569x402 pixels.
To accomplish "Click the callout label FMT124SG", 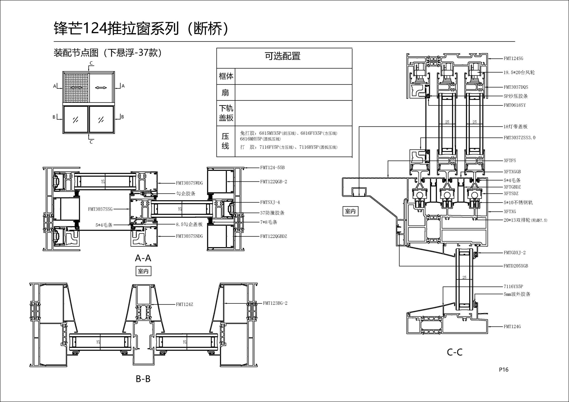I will (x=513, y=59).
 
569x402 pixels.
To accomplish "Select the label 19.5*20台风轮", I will (x=519, y=73).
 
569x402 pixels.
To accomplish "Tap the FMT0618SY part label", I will (x=514, y=105).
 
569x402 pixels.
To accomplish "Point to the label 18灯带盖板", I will (x=515, y=127).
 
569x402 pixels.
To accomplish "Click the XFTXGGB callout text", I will (x=512, y=172).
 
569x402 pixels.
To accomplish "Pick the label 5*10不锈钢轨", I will (x=518, y=203).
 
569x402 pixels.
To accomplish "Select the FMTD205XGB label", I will (x=516, y=266).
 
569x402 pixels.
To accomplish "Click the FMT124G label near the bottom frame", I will (x=512, y=327).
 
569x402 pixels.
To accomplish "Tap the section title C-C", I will (x=455, y=352).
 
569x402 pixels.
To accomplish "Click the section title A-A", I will (x=143, y=258).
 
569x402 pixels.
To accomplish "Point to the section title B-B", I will (x=143, y=379).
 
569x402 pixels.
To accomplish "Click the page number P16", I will (x=504, y=369).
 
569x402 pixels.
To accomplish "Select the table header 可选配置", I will (x=282, y=56).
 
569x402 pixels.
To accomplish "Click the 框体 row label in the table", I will (x=226, y=76).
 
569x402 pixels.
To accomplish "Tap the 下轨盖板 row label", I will (x=226, y=113).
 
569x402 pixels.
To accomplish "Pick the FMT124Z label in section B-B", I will (x=184, y=304).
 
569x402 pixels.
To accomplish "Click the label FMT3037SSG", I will (x=100, y=209).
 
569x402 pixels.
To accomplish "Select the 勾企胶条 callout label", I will (x=186, y=194).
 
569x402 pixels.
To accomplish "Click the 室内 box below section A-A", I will (x=143, y=271).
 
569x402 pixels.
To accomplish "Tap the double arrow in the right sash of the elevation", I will (x=101, y=88).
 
